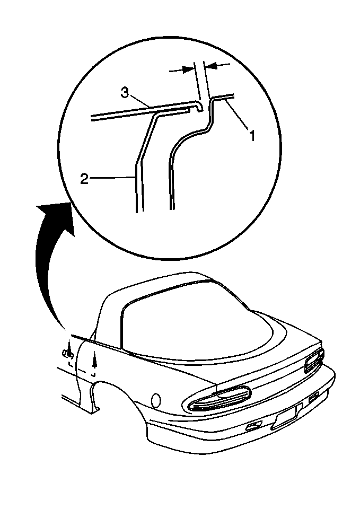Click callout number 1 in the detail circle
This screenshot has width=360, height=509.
point(252,135)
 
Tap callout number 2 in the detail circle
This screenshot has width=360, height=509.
point(84,179)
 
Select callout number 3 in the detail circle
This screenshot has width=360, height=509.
point(125,92)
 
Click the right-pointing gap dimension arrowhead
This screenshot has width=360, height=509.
point(188,69)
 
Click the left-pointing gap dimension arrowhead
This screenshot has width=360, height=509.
point(212,66)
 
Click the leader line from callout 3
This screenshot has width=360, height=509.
point(139,102)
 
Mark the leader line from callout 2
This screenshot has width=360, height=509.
point(112,178)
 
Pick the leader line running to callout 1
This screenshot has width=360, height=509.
point(238,115)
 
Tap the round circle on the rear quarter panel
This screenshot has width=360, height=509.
point(156,400)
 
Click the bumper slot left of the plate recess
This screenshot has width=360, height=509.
point(254,426)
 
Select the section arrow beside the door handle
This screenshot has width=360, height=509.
point(69,348)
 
